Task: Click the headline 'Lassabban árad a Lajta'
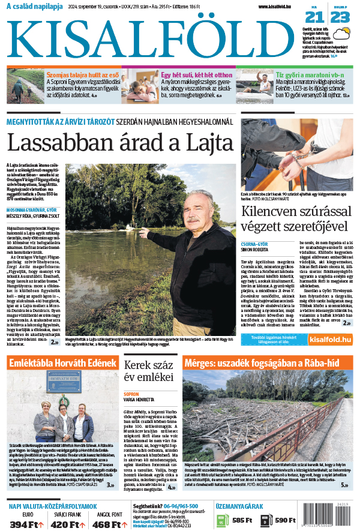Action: coord(119,143)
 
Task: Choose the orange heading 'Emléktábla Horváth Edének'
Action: coord(62,364)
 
